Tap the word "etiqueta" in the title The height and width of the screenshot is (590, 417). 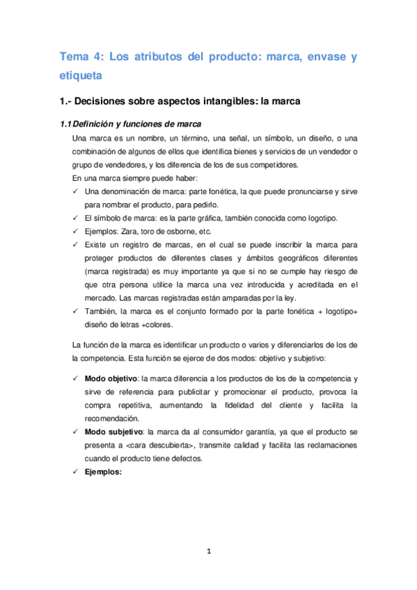tap(81, 74)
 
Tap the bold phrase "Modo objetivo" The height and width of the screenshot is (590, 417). tap(111, 379)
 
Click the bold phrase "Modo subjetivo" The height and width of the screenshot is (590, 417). tap(113, 432)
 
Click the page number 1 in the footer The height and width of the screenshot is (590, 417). tap(208, 552)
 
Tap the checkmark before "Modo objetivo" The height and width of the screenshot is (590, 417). tap(75, 379)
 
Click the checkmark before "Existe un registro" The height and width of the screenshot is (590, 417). tap(75, 245)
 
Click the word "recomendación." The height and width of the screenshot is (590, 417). tap(111, 419)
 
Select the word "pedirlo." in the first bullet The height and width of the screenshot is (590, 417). tap(203, 205)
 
